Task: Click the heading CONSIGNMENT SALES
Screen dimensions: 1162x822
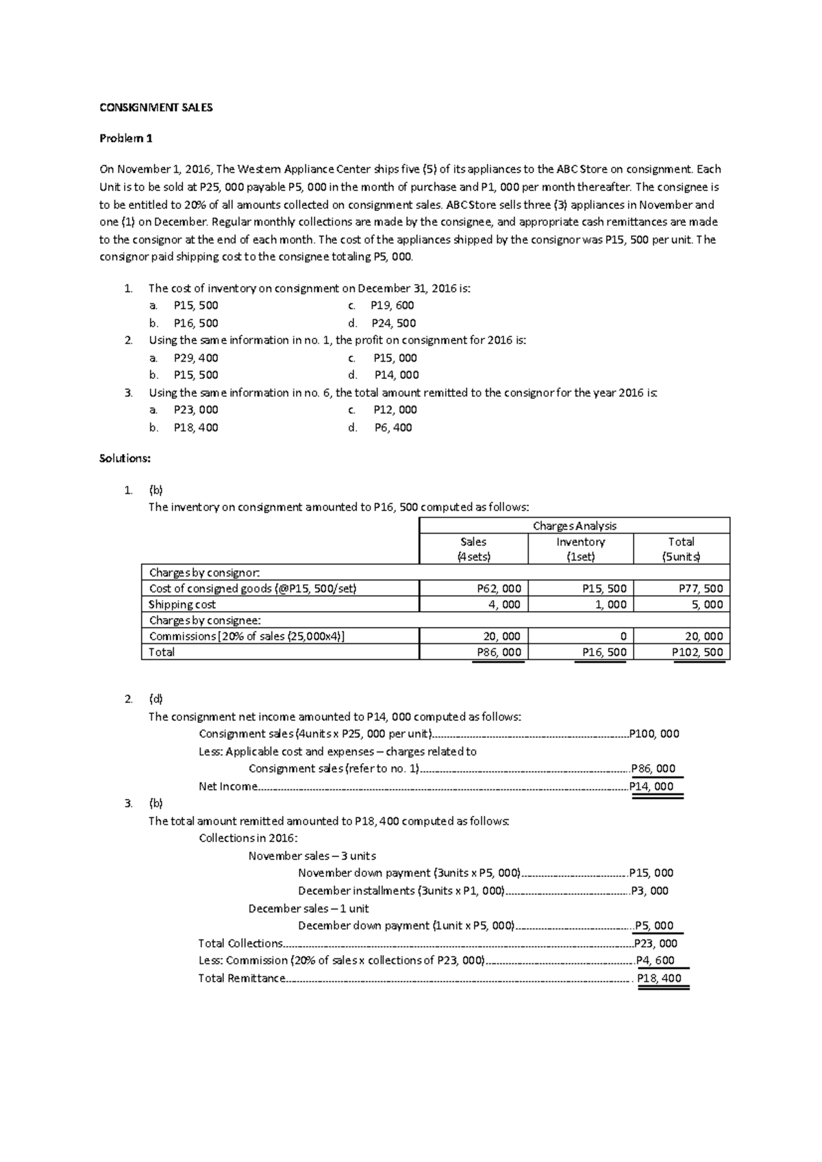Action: coord(156,108)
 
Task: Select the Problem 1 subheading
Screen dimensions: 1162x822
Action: coord(126,138)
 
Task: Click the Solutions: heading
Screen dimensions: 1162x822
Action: coord(125,458)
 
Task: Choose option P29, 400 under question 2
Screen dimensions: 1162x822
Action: coord(196,358)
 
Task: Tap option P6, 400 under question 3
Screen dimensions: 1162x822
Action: coord(393,428)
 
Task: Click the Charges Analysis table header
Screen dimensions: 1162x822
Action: coord(574,526)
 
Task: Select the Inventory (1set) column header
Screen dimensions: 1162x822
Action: coord(580,549)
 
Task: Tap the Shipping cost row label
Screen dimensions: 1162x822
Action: coord(182,604)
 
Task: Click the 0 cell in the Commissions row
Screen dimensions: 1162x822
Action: coord(623,636)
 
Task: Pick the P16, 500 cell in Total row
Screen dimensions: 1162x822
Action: coord(604,652)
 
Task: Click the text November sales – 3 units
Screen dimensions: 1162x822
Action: coord(312,856)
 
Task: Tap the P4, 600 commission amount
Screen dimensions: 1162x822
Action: coord(656,961)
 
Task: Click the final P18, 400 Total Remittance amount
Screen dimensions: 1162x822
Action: coord(659,978)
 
